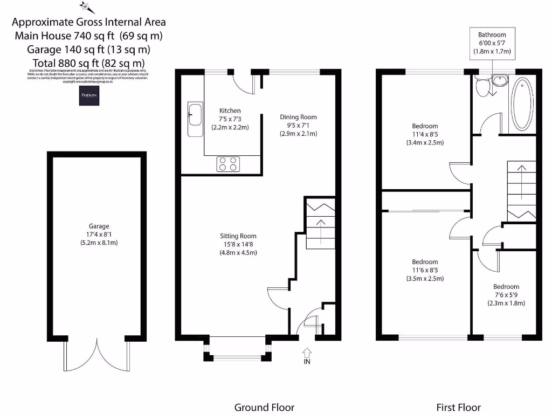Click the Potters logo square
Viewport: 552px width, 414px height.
88,95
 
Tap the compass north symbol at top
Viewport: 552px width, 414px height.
86,7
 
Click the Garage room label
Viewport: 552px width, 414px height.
99,226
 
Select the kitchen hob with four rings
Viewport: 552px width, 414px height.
228,164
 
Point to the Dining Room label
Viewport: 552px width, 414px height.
298,117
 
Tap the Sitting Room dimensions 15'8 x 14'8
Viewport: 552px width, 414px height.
238,244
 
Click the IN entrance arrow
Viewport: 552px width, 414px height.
307,356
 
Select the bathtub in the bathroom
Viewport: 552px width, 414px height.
521,104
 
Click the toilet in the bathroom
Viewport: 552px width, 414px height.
482,86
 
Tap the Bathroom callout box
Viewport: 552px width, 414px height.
492,43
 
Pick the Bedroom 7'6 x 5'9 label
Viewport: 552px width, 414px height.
506,287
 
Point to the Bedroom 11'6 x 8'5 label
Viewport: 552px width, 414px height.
424,263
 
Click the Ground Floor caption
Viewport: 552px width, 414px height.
264,407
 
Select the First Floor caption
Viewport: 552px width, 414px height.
458,407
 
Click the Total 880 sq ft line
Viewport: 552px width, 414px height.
88,63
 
